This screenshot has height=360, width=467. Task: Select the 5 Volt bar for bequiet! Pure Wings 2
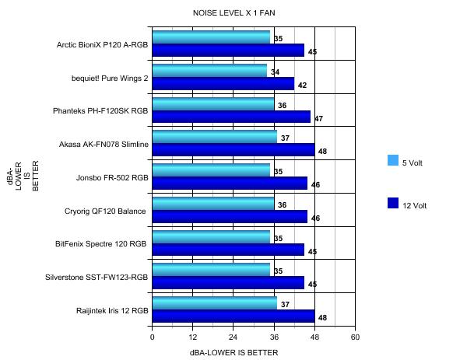tap(209, 71)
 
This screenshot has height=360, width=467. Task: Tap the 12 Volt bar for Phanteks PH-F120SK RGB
tap(231, 117)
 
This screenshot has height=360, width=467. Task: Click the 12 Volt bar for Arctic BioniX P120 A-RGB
tap(228, 51)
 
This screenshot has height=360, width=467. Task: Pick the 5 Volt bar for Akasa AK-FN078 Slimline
tap(214, 137)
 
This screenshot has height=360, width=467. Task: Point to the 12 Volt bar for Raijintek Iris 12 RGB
tap(233, 316)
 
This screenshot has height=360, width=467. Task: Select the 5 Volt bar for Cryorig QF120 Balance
tap(212, 204)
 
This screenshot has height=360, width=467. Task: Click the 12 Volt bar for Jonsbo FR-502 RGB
tap(230, 183)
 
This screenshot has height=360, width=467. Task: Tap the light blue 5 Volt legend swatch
tap(393, 161)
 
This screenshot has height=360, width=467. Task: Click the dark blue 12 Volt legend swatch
tap(393, 204)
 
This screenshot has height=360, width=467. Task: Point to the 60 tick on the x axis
tap(355, 338)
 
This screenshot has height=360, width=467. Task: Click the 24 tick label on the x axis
tap(233, 338)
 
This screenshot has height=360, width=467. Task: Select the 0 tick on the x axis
tap(153, 338)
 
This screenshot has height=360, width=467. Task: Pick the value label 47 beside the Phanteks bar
tap(318, 119)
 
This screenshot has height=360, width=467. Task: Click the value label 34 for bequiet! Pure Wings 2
tap(275, 72)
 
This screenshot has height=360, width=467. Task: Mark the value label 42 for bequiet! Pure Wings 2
tap(302, 86)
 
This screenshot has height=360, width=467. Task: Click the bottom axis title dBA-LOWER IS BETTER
tap(233, 352)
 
